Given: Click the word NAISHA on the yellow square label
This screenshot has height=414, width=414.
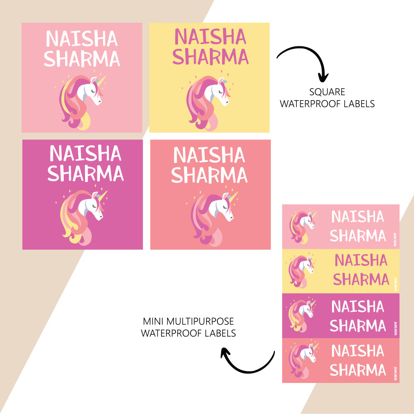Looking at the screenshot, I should (x=210, y=37).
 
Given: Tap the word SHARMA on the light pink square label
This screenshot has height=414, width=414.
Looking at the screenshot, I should (x=82, y=59).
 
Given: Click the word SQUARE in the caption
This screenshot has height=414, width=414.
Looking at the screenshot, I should (x=327, y=92).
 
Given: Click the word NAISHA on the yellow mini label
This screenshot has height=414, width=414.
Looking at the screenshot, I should (x=361, y=260).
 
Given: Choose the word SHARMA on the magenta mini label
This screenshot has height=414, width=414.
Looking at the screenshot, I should (x=358, y=326).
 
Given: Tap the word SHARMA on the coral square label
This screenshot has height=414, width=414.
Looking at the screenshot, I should (x=209, y=176).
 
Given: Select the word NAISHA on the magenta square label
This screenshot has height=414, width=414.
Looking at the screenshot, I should (x=85, y=154).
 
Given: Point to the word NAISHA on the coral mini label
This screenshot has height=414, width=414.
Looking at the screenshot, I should (x=358, y=351).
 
